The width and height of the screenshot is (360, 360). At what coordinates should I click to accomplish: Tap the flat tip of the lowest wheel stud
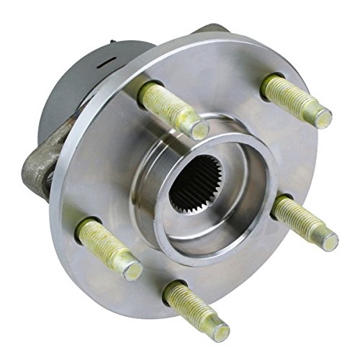(x=219, y=331)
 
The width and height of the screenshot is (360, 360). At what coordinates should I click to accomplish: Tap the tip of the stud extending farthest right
(x=329, y=240)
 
